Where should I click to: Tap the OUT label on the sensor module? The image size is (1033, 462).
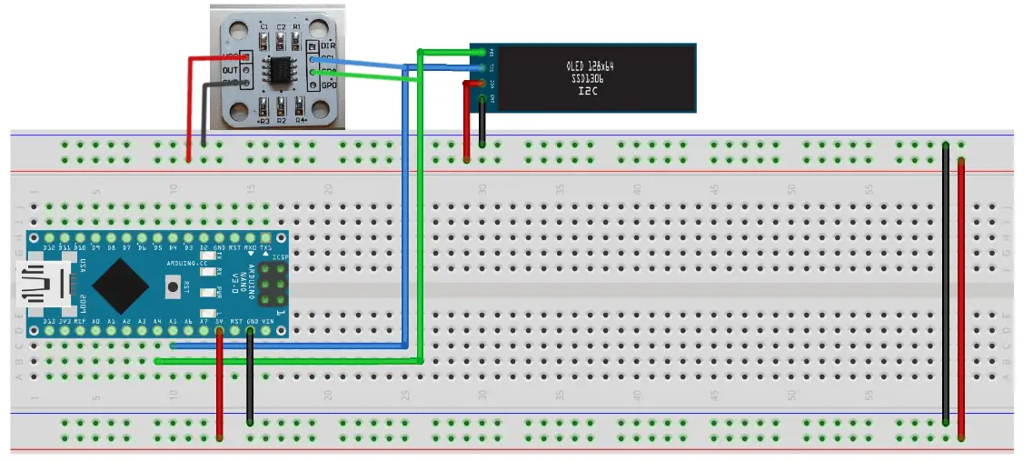pyautogui.click(x=230, y=70)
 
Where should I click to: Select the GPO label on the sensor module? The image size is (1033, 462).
pyautogui.click(x=329, y=85)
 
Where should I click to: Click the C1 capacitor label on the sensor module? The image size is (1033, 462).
pyautogui.click(x=263, y=27)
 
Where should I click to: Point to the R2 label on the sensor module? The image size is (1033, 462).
pyautogui.click(x=281, y=120)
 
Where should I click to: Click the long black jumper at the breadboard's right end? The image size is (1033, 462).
pyautogui.click(x=946, y=282)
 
